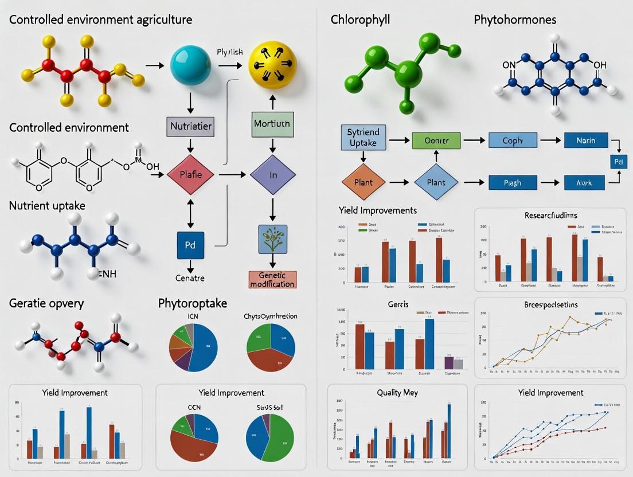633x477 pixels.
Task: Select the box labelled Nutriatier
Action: point(191,126)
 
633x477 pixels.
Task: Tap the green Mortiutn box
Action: point(272,123)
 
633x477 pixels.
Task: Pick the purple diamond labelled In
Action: point(273,174)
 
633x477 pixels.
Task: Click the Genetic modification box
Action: point(272,280)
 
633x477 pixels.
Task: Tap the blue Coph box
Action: point(513,140)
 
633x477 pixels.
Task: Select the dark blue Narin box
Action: point(585,140)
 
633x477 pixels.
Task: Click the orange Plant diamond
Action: point(364,183)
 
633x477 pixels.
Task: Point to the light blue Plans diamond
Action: point(436,183)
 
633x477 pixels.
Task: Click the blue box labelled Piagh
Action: point(513,183)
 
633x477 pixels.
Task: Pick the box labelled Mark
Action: point(585,183)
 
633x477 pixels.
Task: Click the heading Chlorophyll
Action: point(360,19)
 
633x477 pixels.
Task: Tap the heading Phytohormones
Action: point(515,19)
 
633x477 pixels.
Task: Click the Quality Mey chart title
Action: point(397,393)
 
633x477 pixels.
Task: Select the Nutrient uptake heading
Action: point(47,205)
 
